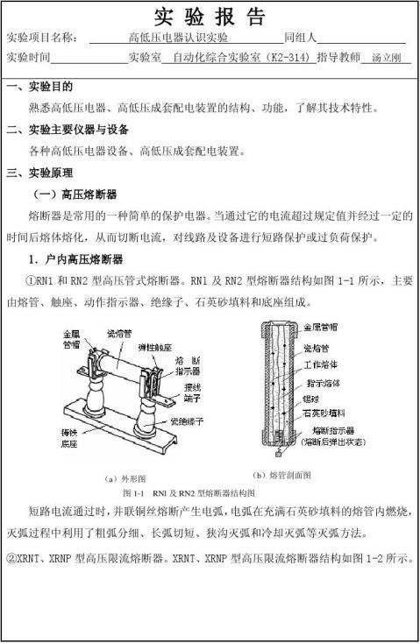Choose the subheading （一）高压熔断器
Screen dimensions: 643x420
click(x=74, y=194)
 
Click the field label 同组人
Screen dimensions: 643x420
click(x=300, y=38)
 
